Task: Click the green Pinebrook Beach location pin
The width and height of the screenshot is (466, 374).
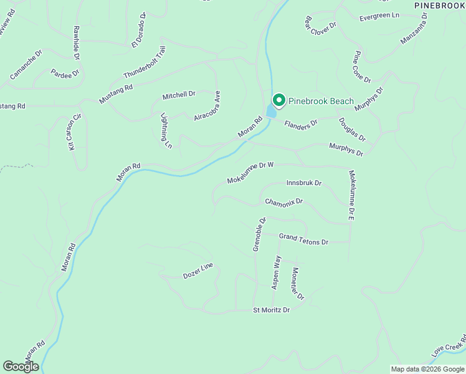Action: tap(278, 100)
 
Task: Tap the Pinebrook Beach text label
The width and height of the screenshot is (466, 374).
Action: tap(321, 101)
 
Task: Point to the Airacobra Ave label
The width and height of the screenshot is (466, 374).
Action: tap(207, 105)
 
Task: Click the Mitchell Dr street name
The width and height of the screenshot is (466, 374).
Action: tap(179, 95)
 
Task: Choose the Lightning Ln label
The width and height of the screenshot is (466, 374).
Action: tap(166, 130)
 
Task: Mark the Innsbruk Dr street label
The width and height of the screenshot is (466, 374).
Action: tap(303, 183)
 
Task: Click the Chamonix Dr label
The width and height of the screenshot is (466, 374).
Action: tap(283, 202)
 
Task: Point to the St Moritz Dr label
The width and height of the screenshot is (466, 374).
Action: tap(271, 310)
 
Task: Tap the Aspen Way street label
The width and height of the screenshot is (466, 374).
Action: tap(275, 272)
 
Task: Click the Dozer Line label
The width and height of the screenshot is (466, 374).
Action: tap(197, 271)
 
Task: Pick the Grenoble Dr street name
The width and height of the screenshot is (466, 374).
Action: tap(259, 234)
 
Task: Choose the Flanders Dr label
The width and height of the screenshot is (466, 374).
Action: tap(301, 123)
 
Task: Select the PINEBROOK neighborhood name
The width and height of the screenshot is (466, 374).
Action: tap(439, 5)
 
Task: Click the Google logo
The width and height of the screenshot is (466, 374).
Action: tap(21, 367)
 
